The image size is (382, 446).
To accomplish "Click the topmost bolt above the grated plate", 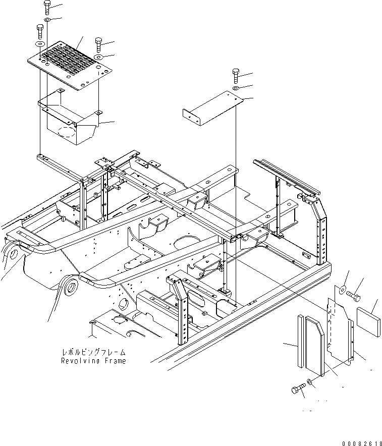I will [x=46, y=8].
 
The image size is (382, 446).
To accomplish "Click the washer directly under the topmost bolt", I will [x=46, y=20].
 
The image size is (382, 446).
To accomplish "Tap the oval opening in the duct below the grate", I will [x=67, y=133].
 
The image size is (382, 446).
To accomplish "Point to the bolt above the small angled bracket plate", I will [x=236, y=76].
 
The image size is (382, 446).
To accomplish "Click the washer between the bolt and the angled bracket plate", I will [x=236, y=89].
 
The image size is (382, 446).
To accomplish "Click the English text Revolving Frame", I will [x=93, y=361].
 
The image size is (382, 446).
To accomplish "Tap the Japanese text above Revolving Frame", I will [x=93, y=352].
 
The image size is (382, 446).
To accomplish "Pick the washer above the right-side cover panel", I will [x=342, y=290].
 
